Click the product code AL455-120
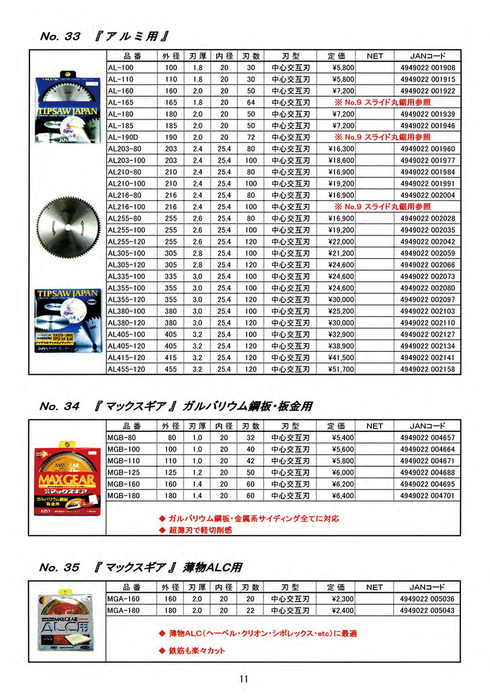point(126,369)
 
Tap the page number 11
point(243,679)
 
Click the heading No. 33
point(60,38)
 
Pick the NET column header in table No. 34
point(375,426)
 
